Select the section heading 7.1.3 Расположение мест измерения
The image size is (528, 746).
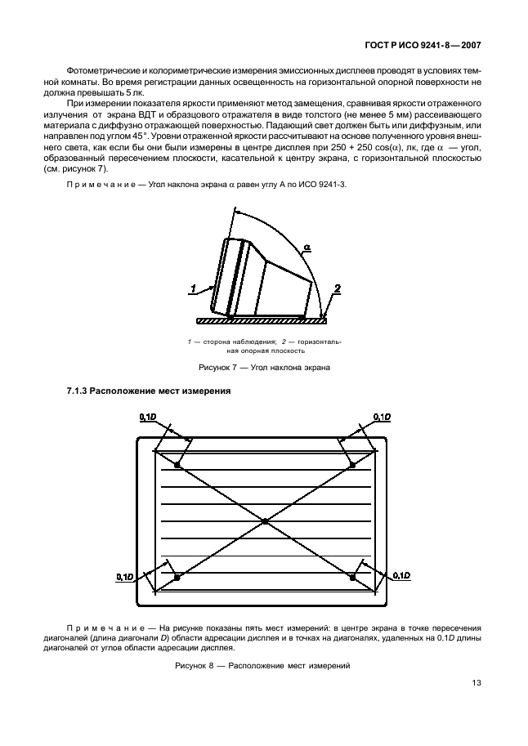[x=148, y=391]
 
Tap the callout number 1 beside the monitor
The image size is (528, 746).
[x=195, y=287]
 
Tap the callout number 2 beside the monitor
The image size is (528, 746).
[x=335, y=287]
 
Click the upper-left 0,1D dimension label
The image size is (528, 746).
[x=150, y=418]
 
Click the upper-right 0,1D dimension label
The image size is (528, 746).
[x=381, y=418]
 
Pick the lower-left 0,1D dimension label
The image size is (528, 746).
[x=125, y=577]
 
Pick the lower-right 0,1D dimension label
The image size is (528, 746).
[x=401, y=577]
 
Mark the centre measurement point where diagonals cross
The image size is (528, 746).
[x=265, y=520]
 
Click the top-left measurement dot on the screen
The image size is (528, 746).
[x=178, y=465]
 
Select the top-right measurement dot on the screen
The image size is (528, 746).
[x=352, y=465]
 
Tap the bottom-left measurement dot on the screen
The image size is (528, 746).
[x=178, y=577]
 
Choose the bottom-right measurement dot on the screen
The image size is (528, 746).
[x=352, y=577]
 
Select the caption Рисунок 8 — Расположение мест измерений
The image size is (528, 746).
[x=263, y=666]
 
